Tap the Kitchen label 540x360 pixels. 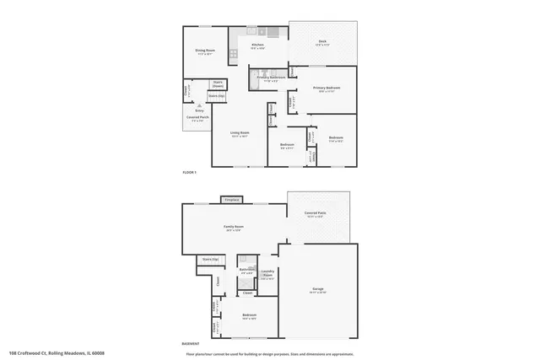point(258,45)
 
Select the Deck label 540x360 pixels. point(322,41)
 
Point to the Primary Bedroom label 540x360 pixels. point(325,89)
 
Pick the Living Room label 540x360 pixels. point(240,133)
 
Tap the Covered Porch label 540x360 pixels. point(198,119)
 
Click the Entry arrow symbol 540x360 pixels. point(200,105)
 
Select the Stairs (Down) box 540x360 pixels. point(218,84)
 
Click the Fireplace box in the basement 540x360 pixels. point(231,200)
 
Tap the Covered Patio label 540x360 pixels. point(317,214)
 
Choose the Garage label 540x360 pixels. point(317,289)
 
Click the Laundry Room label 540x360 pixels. point(267,274)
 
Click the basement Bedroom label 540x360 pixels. point(249,315)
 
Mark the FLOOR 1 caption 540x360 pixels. point(189,172)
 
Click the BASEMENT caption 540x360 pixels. point(191,344)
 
